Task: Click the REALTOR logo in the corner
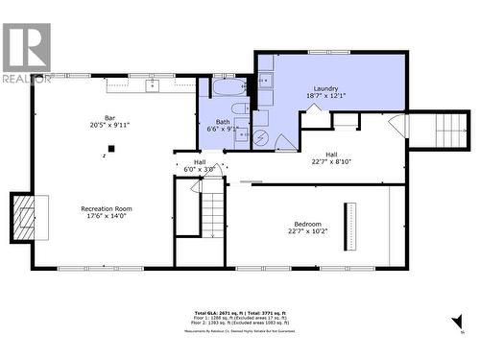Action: click(x=27, y=53)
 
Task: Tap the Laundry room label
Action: click(x=325, y=88)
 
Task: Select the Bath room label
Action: click(x=223, y=121)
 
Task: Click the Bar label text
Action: click(x=109, y=117)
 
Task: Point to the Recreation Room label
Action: click(x=107, y=208)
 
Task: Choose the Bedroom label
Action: click(x=308, y=223)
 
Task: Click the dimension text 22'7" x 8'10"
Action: click(x=331, y=161)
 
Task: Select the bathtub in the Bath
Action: click(x=229, y=90)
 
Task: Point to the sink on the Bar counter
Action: click(x=153, y=86)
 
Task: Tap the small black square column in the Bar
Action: click(x=112, y=149)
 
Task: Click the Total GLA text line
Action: click(x=239, y=314)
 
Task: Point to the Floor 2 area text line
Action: click(x=239, y=326)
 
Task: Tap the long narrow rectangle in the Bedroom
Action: click(x=349, y=227)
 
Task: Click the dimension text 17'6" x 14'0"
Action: click(x=107, y=216)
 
